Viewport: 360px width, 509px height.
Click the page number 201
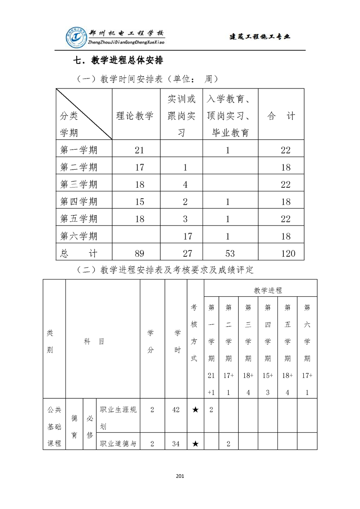pyautogui.click(x=180, y=476)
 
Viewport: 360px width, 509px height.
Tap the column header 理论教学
pyautogui.click(x=135, y=116)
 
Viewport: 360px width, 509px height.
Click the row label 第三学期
pyautogui.click(x=79, y=184)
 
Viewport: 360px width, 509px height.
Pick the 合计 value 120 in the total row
pyautogui.click(x=288, y=253)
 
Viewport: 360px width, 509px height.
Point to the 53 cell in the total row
pyautogui.click(x=228, y=253)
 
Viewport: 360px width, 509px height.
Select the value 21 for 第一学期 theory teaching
pyautogui.click(x=139, y=150)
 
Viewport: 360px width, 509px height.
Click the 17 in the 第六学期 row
pyautogui.click(x=187, y=236)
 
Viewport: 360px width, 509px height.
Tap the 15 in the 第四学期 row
pyautogui.click(x=139, y=202)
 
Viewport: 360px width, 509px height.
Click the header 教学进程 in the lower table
pyautogui.click(x=268, y=290)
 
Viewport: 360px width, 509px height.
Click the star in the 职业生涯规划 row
pyautogui.click(x=195, y=410)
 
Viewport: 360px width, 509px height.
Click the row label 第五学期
pyautogui.click(x=79, y=219)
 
